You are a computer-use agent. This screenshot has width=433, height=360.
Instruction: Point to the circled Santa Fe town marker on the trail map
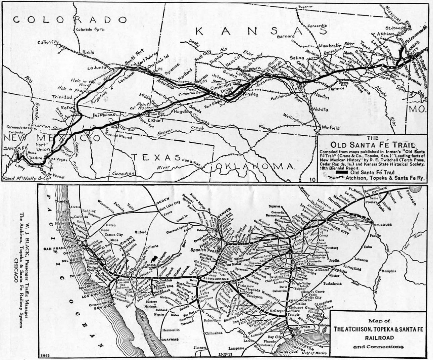pyautogui.click(x=17, y=152)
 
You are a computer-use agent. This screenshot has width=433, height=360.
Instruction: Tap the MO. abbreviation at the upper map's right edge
pyautogui.click(x=416, y=109)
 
